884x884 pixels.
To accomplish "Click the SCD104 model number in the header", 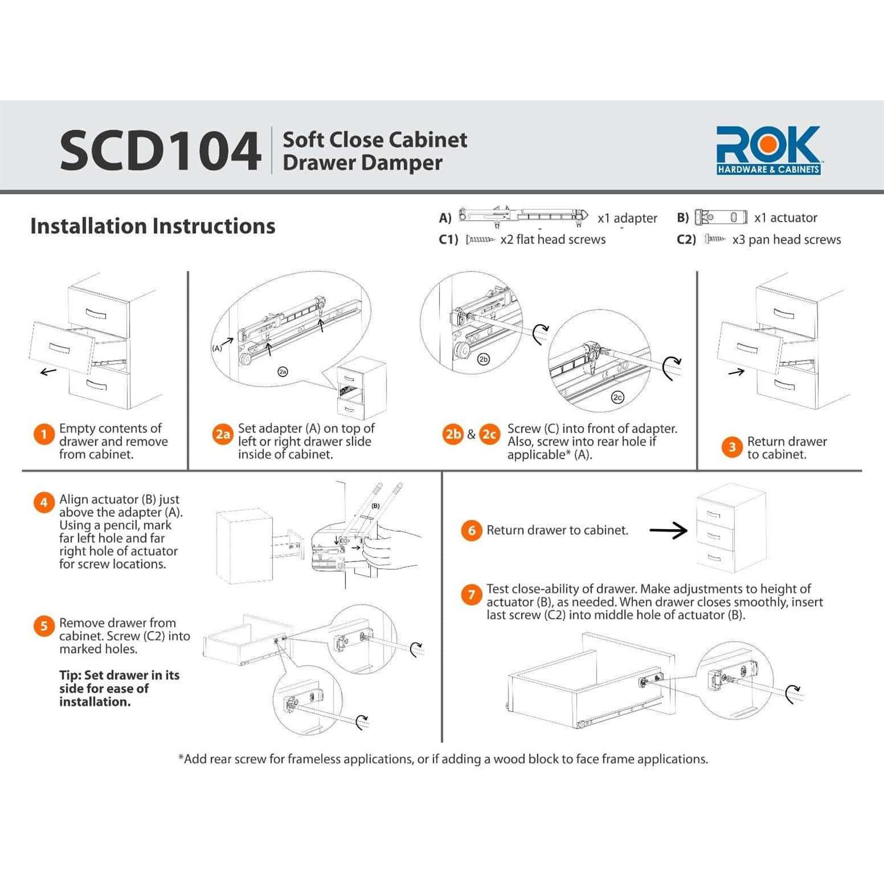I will pos(160,151).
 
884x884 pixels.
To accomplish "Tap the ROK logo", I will pos(768,150).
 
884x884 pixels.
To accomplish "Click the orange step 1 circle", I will pos(44,435).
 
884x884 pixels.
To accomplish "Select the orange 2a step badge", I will pos(222,435).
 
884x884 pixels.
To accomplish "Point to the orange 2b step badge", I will pos(453,434).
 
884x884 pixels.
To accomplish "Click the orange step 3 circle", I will pos(731,447).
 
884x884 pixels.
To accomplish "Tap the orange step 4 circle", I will pos(44,503).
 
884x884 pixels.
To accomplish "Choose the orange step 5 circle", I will pos(44,626).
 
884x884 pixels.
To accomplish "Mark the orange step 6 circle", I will pos(471,530).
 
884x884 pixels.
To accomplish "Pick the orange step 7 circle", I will pos(471,595).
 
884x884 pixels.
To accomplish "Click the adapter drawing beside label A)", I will pos(523,216).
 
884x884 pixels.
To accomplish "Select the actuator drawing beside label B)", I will pos(720,217).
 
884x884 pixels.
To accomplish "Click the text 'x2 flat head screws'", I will pos(553,239).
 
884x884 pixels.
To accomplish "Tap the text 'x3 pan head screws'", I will pos(786,240).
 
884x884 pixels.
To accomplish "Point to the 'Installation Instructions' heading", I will pos(153,226).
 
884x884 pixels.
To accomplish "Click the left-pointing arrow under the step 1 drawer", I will pos(48,371).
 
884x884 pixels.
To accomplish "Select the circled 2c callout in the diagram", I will pos(617,397).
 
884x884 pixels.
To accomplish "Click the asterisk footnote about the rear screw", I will pos(443,759).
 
